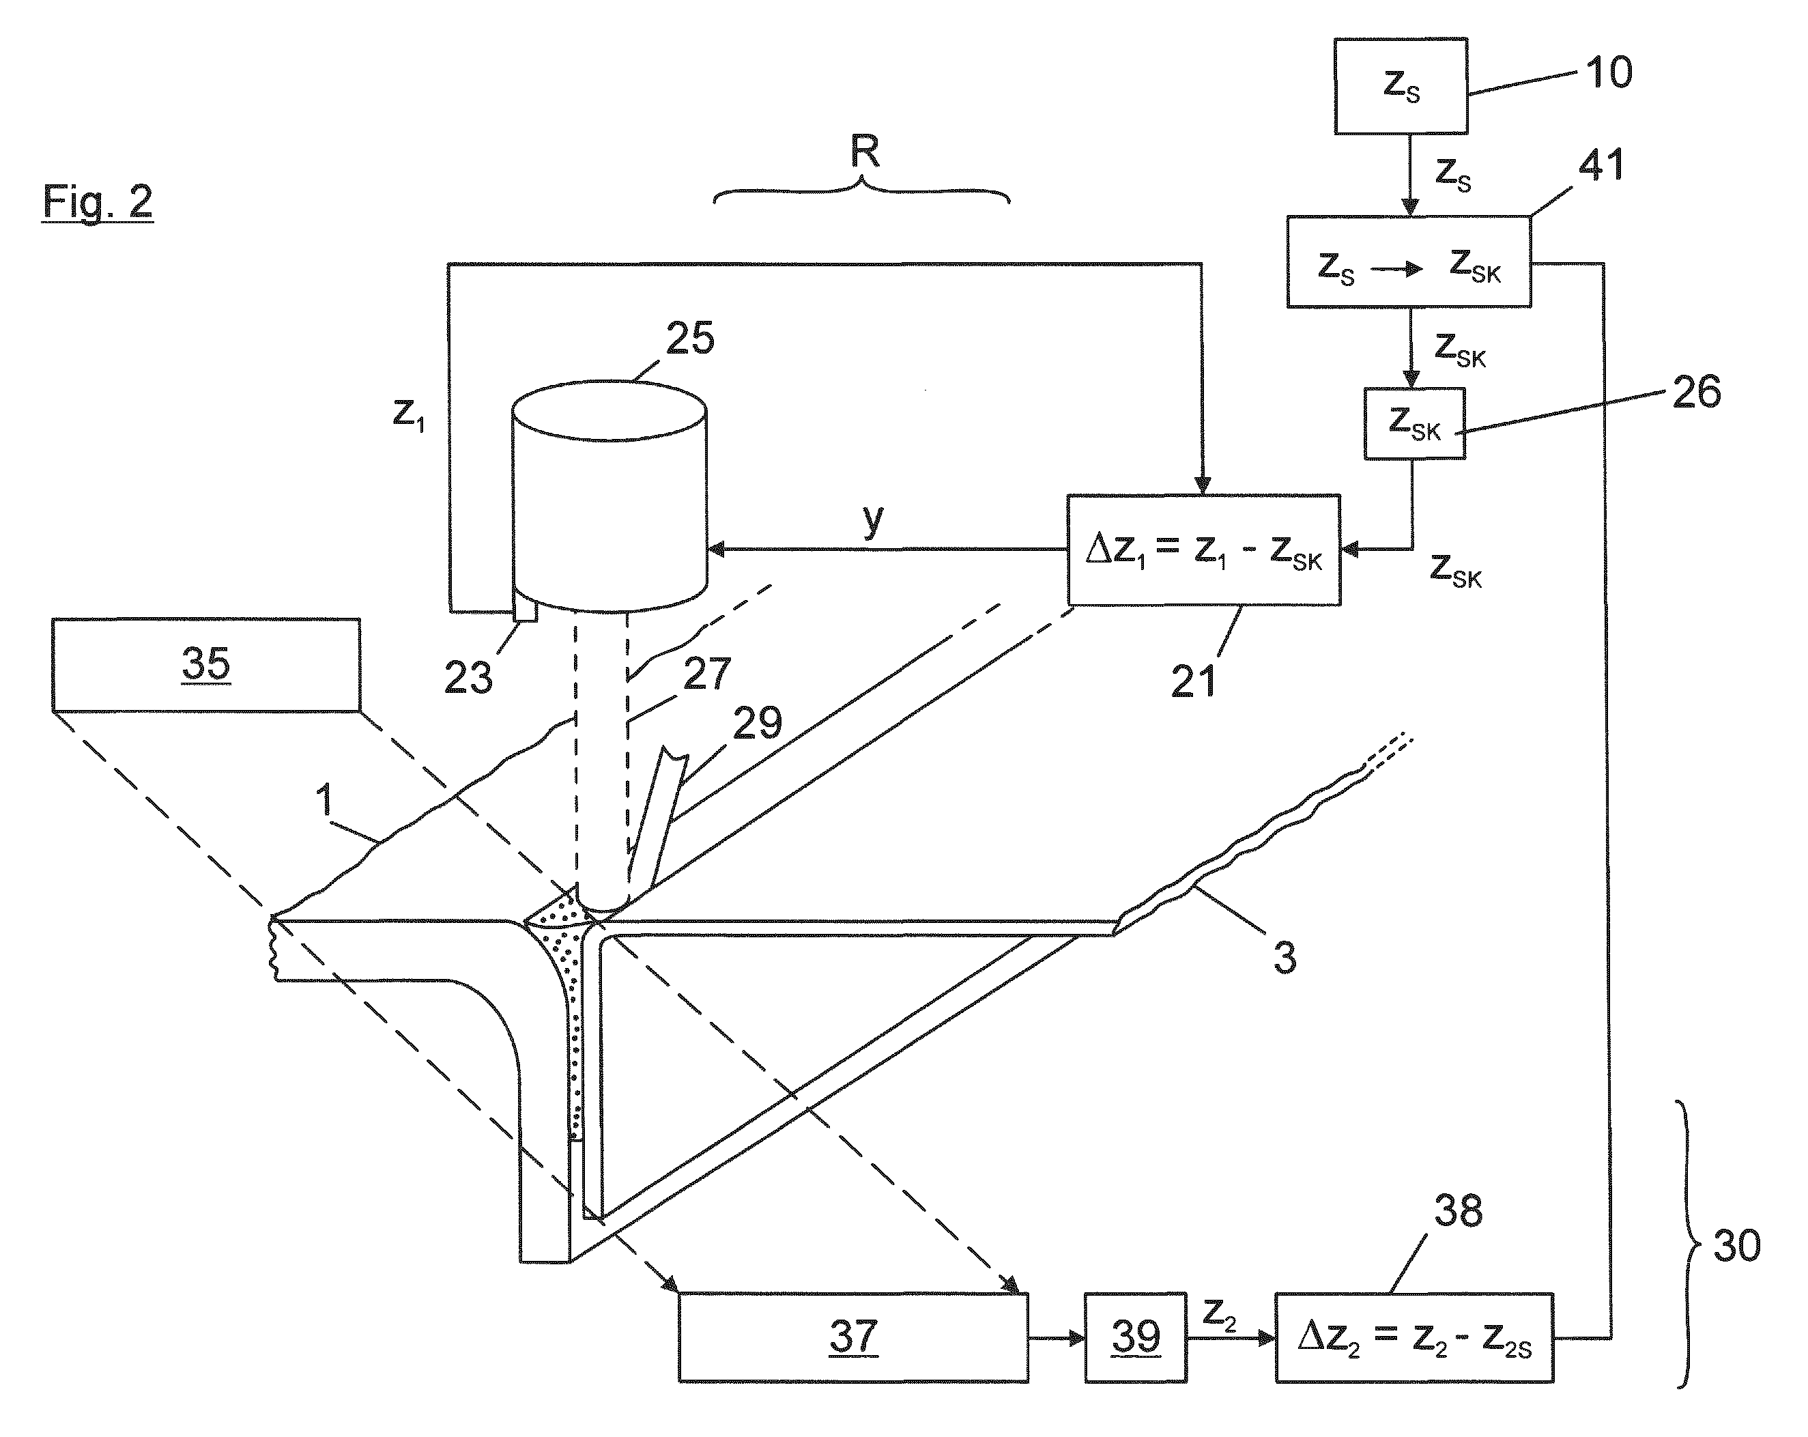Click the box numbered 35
[x=206, y=665]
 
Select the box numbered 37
[x=853, y=1337]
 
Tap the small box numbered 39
[x=1136, y=1337]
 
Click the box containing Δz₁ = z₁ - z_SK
[x=1203, y=550]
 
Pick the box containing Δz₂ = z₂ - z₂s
[x=1414, y=1337]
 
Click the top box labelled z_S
[x=1401, y=85]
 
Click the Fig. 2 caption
[x=98, y=202]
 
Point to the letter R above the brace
[x=865, y=152]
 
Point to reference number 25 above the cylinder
[x=690, y=338]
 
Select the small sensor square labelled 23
[x=525, y=610]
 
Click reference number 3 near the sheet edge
[x=1285, y=957]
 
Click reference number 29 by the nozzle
[x=757, y=722]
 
